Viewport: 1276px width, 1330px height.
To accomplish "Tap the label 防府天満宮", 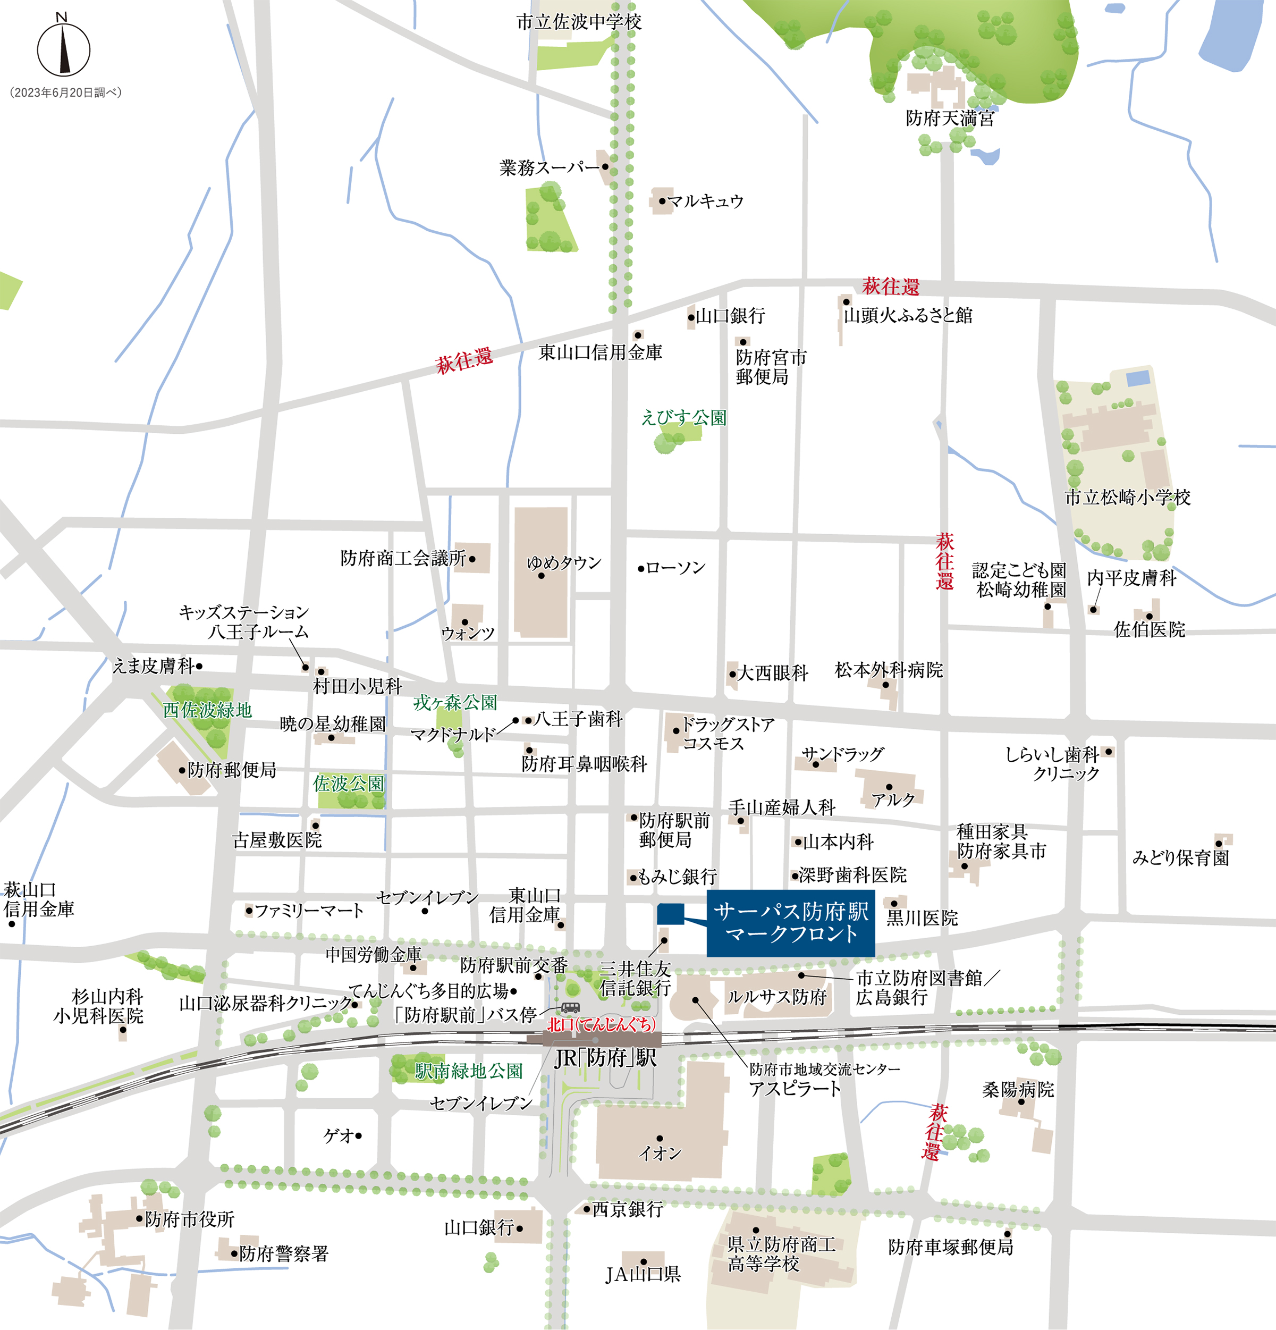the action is pos(950,119).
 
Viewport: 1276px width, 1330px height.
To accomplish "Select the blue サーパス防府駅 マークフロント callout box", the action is pos(790,923).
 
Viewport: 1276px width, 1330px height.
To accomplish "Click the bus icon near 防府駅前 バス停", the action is pos(570,1008).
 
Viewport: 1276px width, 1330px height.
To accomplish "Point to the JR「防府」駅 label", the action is pos(605,1058).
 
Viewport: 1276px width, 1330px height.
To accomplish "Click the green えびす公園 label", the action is pos(684,417).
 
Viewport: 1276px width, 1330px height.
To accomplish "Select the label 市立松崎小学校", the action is pos(1127,498).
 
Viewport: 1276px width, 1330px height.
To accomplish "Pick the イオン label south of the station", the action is pos(660,1153).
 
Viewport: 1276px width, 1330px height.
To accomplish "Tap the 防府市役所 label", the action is pos(189,1219).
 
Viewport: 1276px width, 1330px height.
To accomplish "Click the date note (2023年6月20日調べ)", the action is pos(66,93).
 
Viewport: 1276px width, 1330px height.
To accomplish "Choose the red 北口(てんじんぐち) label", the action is pos(602,1024).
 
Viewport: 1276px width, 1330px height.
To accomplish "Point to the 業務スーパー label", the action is pos(550,167).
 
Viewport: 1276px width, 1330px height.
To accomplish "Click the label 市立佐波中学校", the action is pos(579,22).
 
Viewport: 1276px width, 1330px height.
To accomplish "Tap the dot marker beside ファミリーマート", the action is pos(249,911).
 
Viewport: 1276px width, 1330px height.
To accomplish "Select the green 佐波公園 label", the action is pos(348,784).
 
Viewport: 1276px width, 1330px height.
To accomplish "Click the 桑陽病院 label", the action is pos(1018,1090).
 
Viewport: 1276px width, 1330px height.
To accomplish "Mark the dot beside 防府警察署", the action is pos(235,1254).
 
